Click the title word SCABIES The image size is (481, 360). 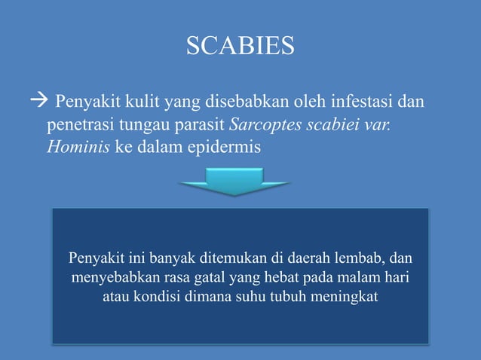click(x=240, y=47)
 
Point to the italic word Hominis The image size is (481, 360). click(x=78, y=148)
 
